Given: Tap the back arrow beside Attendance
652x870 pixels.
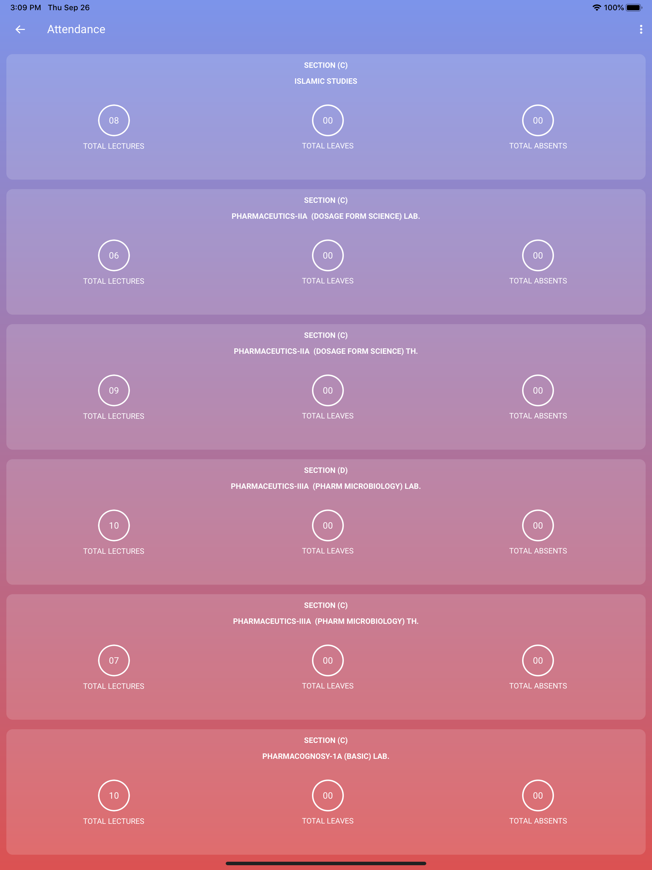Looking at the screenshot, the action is (x=20, y=30).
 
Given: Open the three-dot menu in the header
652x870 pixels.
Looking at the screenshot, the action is (x=641, y=30).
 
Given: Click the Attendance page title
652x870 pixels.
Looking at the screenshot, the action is (x=76, y=30).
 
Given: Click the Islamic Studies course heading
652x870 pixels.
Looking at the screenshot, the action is (x=326, y=81).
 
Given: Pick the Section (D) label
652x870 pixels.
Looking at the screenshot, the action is (x=326, y=470).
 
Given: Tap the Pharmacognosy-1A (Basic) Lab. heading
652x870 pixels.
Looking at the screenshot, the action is (x=326, y=756).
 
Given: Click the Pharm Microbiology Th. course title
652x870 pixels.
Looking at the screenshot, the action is (x=326, y=621).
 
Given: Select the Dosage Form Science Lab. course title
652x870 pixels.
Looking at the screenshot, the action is (x=326, y=216).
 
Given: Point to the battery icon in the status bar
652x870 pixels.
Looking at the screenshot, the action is (x=634, y=7).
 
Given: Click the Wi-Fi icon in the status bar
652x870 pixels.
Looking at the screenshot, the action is (x=597, y=7).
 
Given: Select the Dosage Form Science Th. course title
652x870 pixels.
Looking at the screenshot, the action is (x=326, y=351).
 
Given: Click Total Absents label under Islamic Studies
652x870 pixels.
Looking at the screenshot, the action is (x=538, y=146).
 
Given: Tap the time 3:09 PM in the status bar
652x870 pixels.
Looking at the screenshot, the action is (x=25, y=7).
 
